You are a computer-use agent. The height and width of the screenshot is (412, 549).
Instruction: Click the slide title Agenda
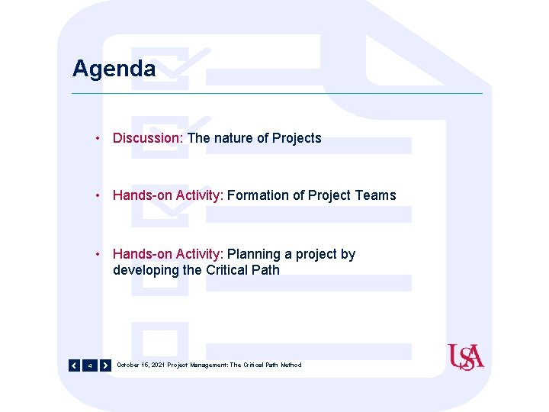pyautogui.click(x=114, y=69)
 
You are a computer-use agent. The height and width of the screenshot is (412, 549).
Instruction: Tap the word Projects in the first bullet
pyautogui.click(x=297, y=138)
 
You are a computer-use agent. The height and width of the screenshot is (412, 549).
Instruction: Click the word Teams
pyautogui.click(x=376, y=195)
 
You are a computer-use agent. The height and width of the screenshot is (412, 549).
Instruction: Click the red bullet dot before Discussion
pyautogui.click(x=99, y=139)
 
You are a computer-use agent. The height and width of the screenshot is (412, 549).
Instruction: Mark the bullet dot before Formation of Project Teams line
pyautogui.click(x=99, y=196)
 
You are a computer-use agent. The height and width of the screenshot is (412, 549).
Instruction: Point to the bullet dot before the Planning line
pyautogui.click(x=99, y=255)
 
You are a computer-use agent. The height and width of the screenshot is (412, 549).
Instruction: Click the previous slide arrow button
pyautogui.click(x=74, y=365)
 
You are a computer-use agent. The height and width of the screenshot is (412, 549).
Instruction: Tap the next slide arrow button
pyautogui.click(x=105, y=365)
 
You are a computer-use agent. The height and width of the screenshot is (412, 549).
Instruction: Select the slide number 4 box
pyautogui.click(x=90, y=365)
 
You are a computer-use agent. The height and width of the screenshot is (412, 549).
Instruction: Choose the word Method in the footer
pyautogui.click(x=291, y=365)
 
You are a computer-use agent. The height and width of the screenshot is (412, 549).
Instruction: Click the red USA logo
pyautogui.click(x=466, y=357)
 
